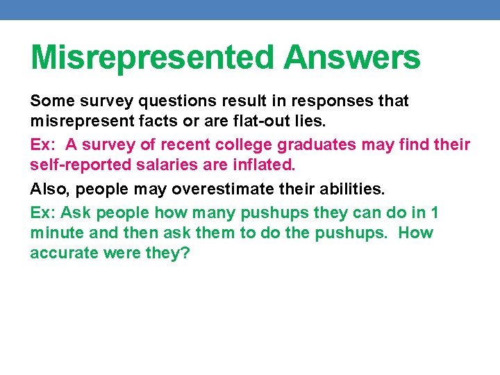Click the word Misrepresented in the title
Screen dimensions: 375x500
coord(152,57)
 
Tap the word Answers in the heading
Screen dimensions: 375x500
coord(351,57)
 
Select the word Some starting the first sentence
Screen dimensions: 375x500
coord(53,101)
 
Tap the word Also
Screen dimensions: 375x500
coord(51,189)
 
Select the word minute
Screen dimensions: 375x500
coord(55,233)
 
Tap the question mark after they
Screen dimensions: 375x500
coord(185,253)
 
